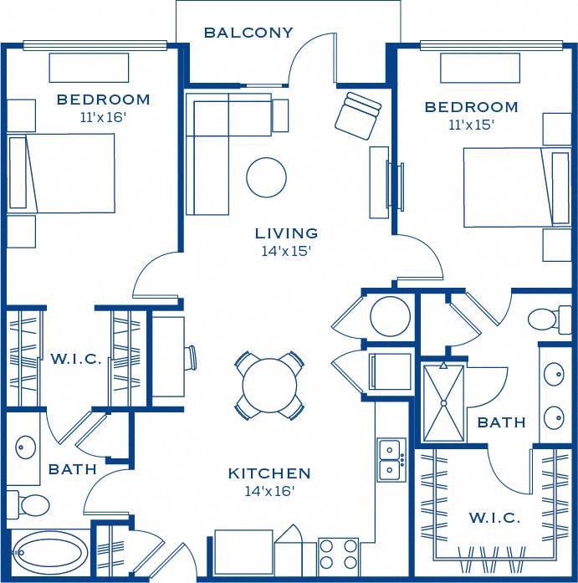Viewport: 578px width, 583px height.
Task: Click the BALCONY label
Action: [x=248, y=33]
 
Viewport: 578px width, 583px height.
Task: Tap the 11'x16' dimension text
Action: [x=103, y=118]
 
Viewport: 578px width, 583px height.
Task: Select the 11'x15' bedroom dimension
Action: [x=471, y=125]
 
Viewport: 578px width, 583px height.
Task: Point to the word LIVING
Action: [x=287, y=233]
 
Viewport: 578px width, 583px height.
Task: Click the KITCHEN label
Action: [x=269, y=473]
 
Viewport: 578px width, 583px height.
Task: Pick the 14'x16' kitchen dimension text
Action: [x=269, y=492]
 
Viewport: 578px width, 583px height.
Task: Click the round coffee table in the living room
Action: [x=266, y=177]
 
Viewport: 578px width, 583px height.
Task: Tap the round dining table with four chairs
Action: [x=269, y=386]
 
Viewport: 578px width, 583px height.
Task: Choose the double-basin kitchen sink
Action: [x=391, y=459]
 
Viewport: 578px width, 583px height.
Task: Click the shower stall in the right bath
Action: [x=442, y=403]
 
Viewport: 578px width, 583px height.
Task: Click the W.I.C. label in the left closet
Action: [x=76, y=359]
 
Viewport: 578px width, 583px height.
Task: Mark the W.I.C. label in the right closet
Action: [x=494, y=518]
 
